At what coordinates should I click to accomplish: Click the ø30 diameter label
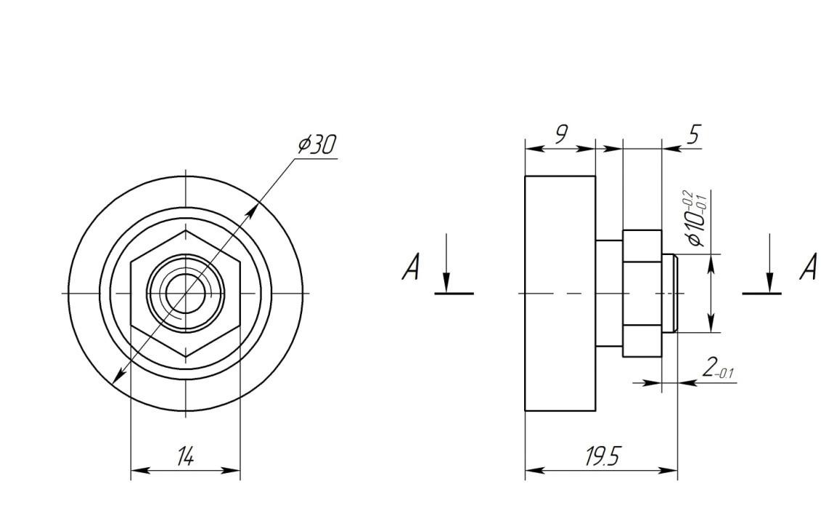pyautogui.click(x=316, y=144)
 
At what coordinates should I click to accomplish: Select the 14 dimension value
pyautogui.click(x=185, y=456)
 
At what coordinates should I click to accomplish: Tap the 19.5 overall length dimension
pyautogui.click(x=602, y=456)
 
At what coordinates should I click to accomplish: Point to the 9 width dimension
pyautogui.click(x=561, y=134)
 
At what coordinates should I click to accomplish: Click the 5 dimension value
pyautogui.click(x=693, y=134)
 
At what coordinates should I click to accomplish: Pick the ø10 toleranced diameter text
pyautogui.click(x=696, y=219)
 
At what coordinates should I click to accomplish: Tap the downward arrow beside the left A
pyautogui.click(x=446, y=263)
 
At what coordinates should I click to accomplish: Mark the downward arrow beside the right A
pyautogui.click(x=769, y=263)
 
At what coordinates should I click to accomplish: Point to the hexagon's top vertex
pyautogui.click(x=186, y=230)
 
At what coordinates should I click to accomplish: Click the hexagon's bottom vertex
pyautogui.click(x=186, y=357)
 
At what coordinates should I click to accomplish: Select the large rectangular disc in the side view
pyautogui.click(x=560, y=293)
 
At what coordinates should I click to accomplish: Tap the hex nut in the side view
pyautogui.click(x=642, y=293)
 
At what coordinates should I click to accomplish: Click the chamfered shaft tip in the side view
pyautogui.click(x=670, y=293)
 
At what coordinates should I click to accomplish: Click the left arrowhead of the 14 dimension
pyautogui.click(x=140, y=470)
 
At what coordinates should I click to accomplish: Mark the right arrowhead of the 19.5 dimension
pyautogui.click(x=668, y=470)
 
